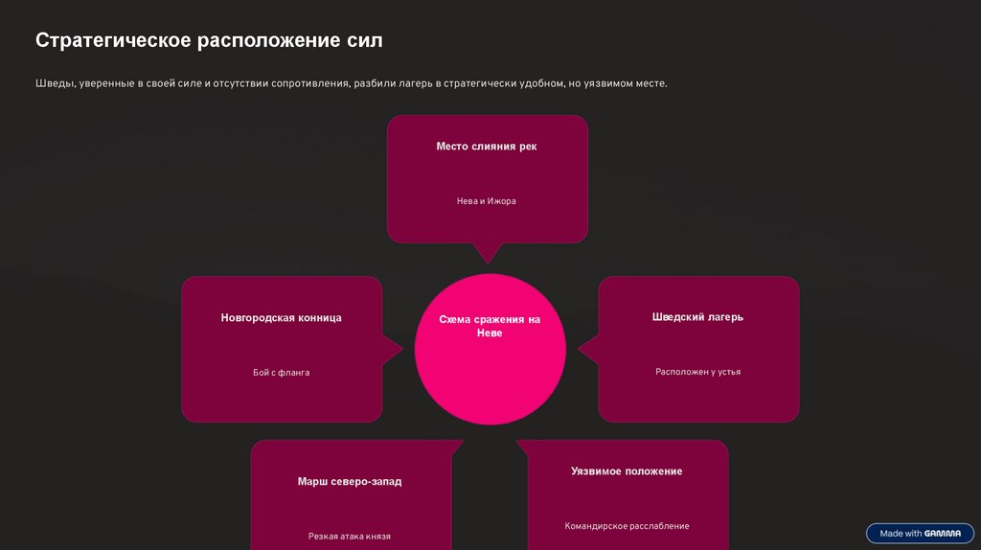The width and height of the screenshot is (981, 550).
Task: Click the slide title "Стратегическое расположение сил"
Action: (209, 40)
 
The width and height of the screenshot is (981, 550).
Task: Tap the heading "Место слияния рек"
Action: (487, 147)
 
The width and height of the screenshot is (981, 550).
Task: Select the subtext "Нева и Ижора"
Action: (487, 201)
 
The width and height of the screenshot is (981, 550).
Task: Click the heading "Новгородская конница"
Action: (281, 318)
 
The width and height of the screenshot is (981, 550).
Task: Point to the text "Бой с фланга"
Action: (281, 373)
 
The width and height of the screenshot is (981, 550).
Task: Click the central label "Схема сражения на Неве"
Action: (490, 327)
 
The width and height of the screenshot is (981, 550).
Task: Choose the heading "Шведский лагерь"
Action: (697, 317)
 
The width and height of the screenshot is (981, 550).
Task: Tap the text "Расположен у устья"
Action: (697, 372)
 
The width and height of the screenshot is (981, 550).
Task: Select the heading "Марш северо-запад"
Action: (350, 482)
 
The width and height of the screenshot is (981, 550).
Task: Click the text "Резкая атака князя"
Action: (350, 537)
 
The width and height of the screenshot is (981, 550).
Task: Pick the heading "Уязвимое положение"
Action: (627, 471)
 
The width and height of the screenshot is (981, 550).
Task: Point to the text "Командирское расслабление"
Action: (627, 526)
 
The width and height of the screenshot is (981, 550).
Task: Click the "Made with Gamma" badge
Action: (920, 534)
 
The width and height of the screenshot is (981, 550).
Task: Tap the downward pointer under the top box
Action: (488, 254)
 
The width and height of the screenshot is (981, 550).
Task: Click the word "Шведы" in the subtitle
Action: (54, 84)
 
